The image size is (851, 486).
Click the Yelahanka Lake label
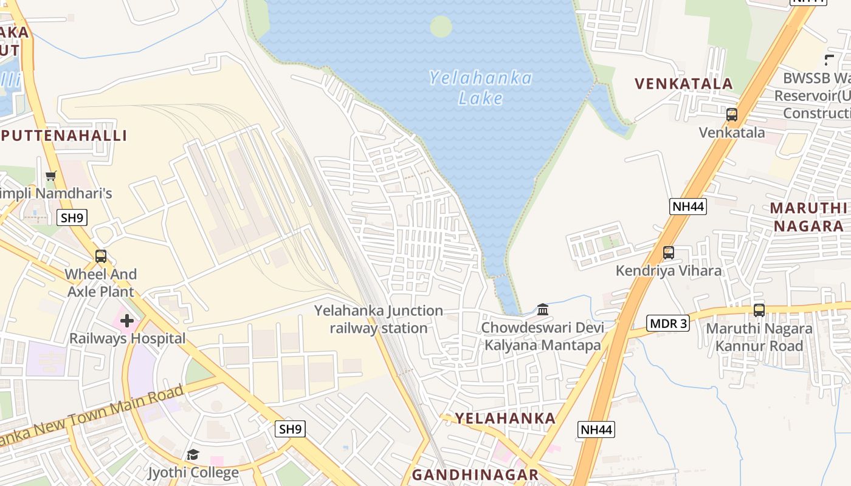click(480, 87)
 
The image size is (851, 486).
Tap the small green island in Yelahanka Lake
click(441, 27)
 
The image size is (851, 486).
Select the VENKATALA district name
click(684, 84)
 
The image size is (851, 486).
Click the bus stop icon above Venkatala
click(732, 114)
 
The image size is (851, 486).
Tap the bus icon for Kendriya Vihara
click(669, 252)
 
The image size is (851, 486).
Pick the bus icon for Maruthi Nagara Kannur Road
click(759, 310)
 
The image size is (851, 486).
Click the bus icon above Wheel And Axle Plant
click(101, 256)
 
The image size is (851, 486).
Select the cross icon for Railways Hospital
click(127, 320)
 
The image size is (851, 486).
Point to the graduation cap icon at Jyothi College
click(193, 454)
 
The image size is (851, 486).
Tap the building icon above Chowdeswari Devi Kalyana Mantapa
click(543, 310)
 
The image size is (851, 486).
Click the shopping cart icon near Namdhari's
click(51, 176)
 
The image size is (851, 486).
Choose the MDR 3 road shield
click(668, 323)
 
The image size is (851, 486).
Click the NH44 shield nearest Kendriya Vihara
click(688, 207)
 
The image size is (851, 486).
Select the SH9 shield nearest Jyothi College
click(290, 429)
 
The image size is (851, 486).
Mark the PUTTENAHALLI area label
click(64, 135)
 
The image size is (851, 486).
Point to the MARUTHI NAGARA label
click(808, 217)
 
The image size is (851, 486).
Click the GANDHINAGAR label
click(475, 474)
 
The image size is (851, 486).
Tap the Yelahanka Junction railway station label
click(379, 320)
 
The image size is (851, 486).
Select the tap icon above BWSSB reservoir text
click(830, 60)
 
